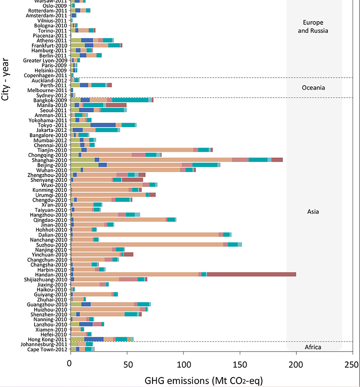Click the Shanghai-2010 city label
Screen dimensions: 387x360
[52, 160]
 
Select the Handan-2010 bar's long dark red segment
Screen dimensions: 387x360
[251, 274]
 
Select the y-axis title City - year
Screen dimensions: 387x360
[6, 80]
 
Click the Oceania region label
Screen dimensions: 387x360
[313, 88]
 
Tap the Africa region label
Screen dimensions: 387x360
[313, 347]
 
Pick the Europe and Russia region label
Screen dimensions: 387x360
[314, 26]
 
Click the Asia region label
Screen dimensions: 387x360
[313, 212]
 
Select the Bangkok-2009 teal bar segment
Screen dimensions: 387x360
[130, 100]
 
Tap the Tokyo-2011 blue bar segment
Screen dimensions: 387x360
[103, 125]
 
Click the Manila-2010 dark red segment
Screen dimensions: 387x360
[116, 105]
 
